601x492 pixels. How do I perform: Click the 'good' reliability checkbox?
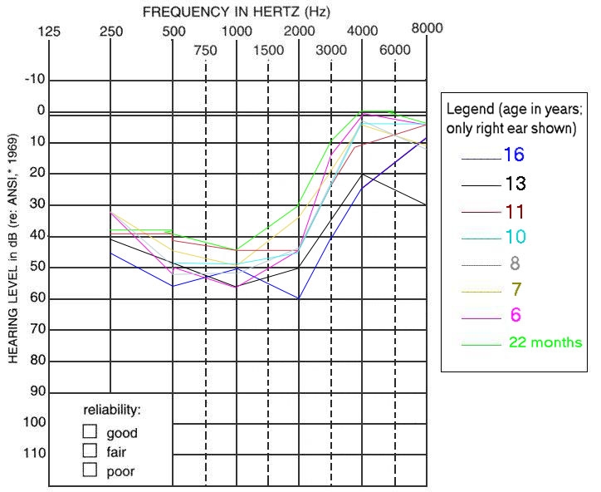90,431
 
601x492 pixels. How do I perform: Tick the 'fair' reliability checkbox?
90,450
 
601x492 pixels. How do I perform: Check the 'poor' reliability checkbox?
90,470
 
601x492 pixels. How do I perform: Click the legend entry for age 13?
514,184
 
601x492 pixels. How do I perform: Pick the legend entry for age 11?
514,210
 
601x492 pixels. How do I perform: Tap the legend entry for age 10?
514,236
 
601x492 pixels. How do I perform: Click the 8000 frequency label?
427,27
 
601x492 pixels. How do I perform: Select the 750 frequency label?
205,51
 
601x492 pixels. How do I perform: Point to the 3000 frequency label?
331,51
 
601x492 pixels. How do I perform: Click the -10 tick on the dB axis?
36,80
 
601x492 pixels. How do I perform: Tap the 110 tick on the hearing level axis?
36,453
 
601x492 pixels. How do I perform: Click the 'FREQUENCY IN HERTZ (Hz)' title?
236,12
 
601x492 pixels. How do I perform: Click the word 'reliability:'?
112,411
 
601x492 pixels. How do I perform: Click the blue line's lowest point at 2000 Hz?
299,298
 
